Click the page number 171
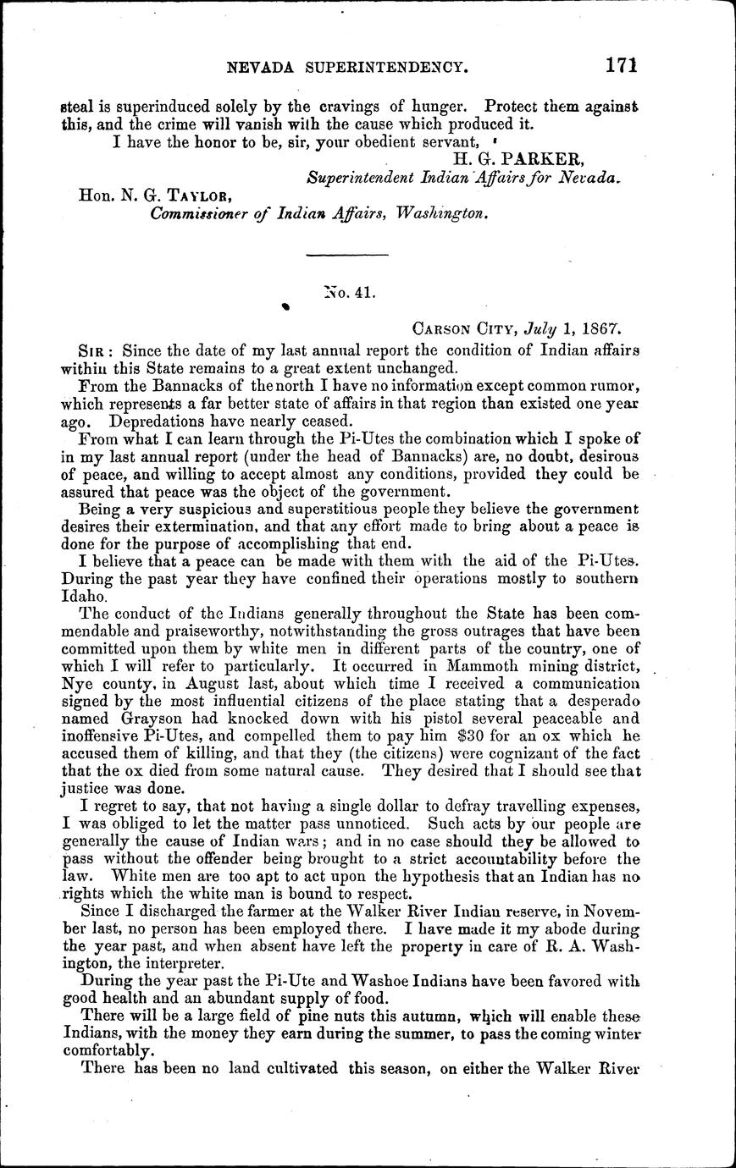pyautogui.click(x=621, y=65)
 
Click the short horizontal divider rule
pyautogui.click(x=346, y=254)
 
